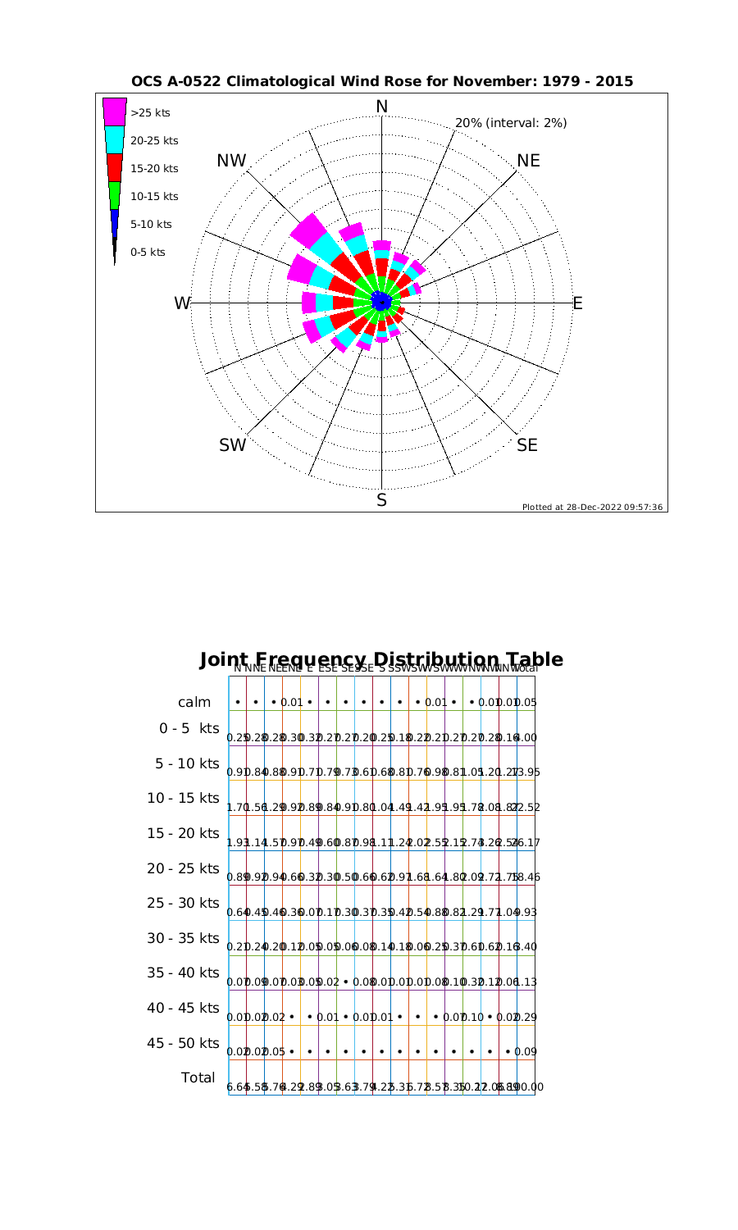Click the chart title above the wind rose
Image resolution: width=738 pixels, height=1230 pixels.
point(382,82)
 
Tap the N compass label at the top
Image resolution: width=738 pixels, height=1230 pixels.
point(382,107)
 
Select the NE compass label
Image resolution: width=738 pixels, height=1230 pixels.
point(529,161)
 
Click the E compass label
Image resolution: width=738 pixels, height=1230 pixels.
point(577,303)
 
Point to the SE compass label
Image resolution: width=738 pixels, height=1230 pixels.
point(528,444)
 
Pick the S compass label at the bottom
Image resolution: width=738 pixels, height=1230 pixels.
point(382,499)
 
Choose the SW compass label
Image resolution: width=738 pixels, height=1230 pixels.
point(233,445)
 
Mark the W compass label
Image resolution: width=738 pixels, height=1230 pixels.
point(181,303)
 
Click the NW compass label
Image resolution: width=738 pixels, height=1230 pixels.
point(232,162)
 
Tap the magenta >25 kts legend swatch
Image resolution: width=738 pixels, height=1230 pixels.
point(114,112)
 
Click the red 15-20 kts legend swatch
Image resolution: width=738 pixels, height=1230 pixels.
point(114,168)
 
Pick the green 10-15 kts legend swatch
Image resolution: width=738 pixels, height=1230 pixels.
point(114,196)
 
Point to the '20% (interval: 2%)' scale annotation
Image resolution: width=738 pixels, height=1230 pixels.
point(511,123)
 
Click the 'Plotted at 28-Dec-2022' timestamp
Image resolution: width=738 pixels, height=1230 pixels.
point(592,507)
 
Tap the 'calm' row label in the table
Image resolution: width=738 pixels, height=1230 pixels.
point(194,702)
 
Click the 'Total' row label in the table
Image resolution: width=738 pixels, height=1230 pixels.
point(198,1077)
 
